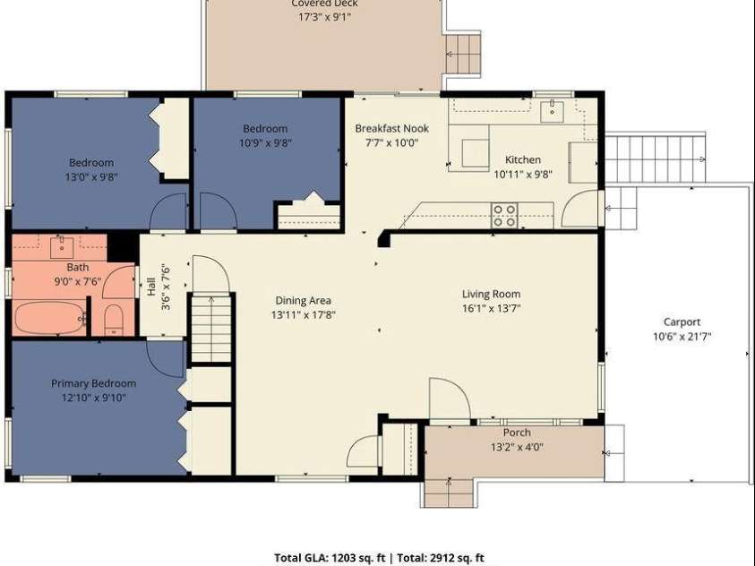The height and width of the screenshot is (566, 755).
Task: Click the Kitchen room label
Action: tap(522, 159)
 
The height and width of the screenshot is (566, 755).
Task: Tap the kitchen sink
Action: tap(552, 111)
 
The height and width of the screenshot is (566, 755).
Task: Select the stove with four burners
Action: tap(504, 216)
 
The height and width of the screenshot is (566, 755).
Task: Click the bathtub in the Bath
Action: tap(49, 317)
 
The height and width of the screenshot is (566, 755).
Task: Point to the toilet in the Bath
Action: tap(114, 320)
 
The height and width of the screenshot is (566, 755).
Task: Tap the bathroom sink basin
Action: tap(62, 247)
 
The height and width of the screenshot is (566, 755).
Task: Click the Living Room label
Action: tap(491, 294)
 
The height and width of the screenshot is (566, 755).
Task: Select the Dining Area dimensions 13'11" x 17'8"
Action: tap(304, 315)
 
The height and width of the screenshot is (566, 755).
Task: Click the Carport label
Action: tap(682, 322)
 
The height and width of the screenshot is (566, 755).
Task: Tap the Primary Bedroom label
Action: tap(93, 383)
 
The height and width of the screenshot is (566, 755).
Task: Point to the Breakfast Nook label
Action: tap(392, 128)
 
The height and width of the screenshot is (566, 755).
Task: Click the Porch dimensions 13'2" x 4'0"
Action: tap(517, 447)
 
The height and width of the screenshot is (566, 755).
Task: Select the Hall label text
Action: tap(150, 287)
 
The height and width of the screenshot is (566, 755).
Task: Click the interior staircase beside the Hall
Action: tap(211, 327)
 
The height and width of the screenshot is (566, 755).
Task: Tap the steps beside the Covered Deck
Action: tap(463, 54)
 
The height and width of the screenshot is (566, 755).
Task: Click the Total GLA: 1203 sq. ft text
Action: tap(330, 558)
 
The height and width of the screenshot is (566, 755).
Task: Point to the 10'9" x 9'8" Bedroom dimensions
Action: tap(265, 143)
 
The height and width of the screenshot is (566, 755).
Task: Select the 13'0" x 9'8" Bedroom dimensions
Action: tap(91, 177)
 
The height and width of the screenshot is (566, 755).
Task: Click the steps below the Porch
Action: tap(449, 493)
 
